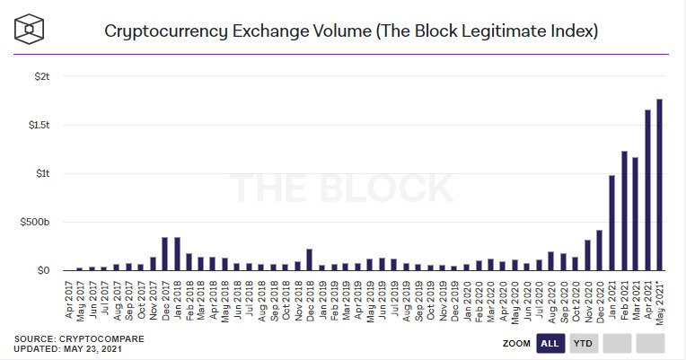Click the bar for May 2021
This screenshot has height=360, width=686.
click(x=659, y=184)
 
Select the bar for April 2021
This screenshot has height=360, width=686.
click(x=647, y=189)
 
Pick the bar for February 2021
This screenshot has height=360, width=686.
click(x=623, y=210)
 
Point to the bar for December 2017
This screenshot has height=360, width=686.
click(x=164, y=253)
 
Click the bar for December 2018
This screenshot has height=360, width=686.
click(x=309, y=259)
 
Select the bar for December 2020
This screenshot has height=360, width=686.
click(x=599, y=250)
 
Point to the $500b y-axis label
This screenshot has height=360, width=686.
click(x=35, y=222)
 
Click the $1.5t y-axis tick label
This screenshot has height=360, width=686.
click(x=37, y=125)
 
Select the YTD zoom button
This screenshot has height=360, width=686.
click(x=583, y=342)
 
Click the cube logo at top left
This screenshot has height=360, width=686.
click(x=31, y=30)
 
